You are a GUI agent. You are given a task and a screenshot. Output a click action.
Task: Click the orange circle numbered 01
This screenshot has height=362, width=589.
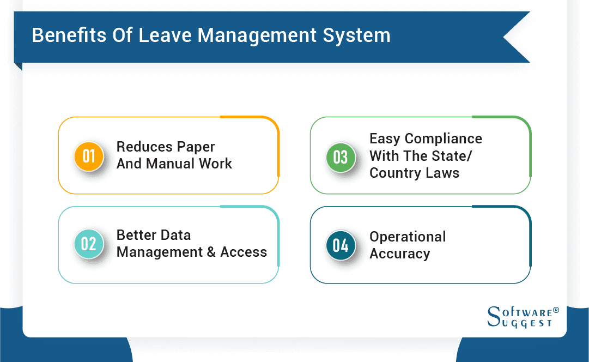tap(89, 156)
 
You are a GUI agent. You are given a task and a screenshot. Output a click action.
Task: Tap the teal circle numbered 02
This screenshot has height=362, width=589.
tap(89, 244)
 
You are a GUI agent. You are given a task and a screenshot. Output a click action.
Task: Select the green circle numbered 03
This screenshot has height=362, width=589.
tap(341, 157)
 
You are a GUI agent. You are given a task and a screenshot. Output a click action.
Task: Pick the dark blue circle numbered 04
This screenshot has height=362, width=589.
tap(341, 245)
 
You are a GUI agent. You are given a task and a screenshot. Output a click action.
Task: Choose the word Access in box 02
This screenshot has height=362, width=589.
tap(244, 252)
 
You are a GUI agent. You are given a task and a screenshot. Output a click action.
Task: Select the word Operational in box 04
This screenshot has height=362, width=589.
tap(408, 237)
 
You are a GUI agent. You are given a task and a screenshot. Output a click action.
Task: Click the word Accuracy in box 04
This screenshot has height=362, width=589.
tap(399, 254)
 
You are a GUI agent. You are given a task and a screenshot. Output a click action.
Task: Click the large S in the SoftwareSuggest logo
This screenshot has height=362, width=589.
tap(494, 316)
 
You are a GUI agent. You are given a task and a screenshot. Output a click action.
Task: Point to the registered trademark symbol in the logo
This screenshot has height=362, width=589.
tap(556, 310)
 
